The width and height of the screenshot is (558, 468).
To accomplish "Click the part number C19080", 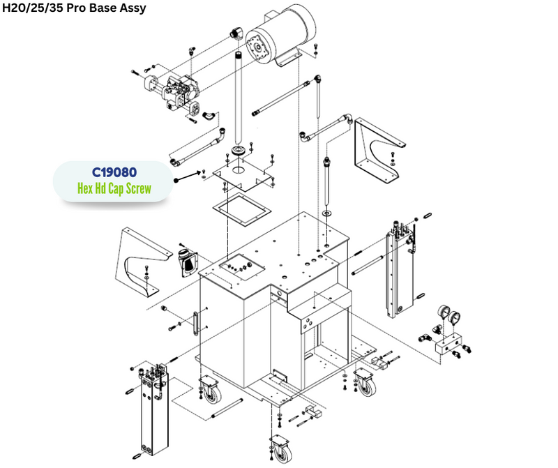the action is tap(114, 172).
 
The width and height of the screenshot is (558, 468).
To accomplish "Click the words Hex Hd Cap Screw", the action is tap(114, 188).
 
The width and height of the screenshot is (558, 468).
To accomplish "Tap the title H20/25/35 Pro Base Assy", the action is tap(74, 8).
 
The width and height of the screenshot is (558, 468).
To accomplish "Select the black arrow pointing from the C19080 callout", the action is tap(188, 176).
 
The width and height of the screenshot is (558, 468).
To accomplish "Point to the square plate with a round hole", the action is tap(243, 174).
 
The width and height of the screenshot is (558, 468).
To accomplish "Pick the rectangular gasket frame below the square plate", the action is tap(241, 210).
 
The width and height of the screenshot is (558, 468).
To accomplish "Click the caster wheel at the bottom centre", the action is tap(281, 449).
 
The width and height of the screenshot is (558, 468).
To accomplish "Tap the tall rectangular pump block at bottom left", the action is tap(154, 413).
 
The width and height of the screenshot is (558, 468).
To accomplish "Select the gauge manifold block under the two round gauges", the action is tap(449, 343).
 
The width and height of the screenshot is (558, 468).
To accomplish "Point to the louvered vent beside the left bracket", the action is tap(188, 263).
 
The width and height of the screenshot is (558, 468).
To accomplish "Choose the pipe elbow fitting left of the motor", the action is tap(235, 33).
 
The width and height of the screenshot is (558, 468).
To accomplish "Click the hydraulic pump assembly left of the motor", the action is tap(174, 94).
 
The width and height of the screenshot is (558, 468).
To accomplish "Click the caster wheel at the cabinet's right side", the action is tap(365, 383).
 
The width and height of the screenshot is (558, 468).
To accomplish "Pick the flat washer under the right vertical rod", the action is tap(326, 213).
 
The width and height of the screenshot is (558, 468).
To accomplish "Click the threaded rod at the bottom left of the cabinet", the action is tap(227, 409).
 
